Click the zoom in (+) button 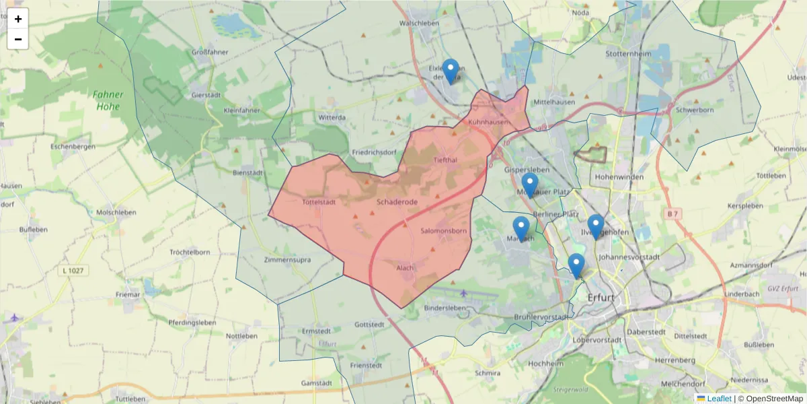(18, 19)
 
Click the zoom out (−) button (18, 39)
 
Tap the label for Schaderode (397, 201)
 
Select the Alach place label (405, 267)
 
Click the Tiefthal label (445, 160)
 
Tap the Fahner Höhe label (108, 100)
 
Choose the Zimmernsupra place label (287, 259)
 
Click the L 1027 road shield (73, 271)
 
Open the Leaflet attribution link (718, 399)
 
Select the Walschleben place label (419, 23)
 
